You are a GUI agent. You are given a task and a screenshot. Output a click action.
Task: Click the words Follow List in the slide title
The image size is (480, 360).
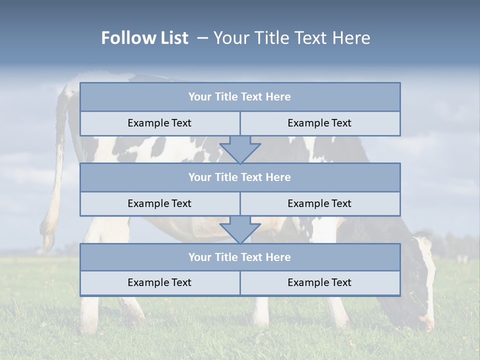pos(144,38)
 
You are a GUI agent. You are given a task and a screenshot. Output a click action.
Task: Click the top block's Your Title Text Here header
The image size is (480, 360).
pos(239,97)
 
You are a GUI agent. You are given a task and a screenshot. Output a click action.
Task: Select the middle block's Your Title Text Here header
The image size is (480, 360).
pos(239,177)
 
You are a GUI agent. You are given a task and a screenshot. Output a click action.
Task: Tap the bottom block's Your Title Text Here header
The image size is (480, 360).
pos(239,257)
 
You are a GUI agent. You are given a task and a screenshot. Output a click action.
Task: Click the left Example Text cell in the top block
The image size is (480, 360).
pos(159,123)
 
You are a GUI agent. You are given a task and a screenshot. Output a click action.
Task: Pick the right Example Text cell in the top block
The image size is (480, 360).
pos(319,123)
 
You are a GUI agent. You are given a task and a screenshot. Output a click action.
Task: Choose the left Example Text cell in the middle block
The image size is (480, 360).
pos(159,204)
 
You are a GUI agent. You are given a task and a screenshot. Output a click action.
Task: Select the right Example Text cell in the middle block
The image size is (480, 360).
pos(319,204)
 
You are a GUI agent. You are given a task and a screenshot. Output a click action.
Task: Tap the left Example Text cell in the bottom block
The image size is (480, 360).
pos(159,283)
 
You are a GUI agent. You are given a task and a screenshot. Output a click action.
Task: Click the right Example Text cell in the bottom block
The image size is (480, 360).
pos(319,283)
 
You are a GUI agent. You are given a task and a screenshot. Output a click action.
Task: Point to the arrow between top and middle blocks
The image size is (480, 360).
pos(240,150)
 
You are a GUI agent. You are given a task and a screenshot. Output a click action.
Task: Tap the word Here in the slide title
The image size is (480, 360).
pos(352,38)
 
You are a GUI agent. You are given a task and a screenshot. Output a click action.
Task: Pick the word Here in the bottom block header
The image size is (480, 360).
pos(278,257)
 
